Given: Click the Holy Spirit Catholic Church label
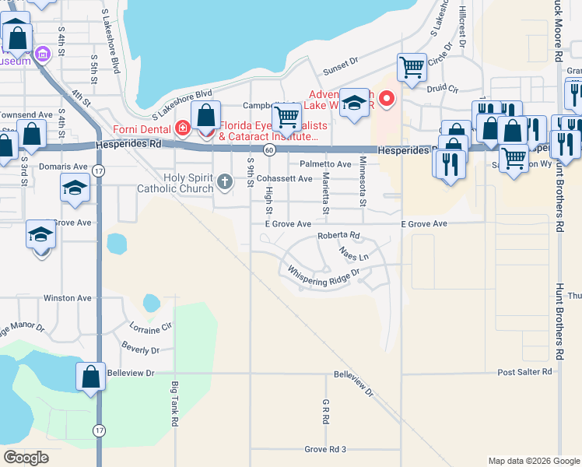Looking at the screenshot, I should [175, 182].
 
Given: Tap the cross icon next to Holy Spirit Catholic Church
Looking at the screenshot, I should [224, 182].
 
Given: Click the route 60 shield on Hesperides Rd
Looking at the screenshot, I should [268, 149].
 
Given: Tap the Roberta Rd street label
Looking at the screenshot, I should [338, 235].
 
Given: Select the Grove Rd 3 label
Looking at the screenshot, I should [324, 449].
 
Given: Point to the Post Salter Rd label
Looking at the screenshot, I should [525, 373].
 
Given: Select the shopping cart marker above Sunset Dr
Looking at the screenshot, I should [411, 67].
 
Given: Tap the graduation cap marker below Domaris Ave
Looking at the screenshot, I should [75, 188].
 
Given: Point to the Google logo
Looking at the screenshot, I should [26, 458].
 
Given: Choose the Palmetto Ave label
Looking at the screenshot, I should [326, 164].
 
